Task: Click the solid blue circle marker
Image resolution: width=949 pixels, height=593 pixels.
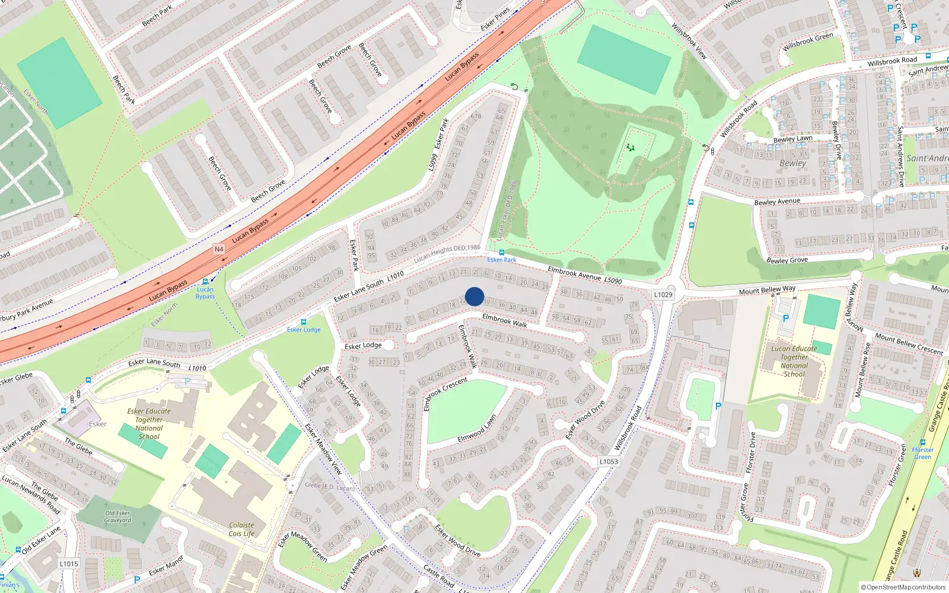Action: tap(474, 296)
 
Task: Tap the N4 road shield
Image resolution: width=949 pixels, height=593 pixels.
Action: tap(219, 249)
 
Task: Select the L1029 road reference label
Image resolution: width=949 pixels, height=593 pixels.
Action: tap(663, 295)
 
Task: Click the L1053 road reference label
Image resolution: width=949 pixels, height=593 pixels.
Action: tap(609, 461)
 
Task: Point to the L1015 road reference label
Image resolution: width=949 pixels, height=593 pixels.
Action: tap(69, 563)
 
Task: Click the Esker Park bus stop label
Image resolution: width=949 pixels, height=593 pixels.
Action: tap(502, 260)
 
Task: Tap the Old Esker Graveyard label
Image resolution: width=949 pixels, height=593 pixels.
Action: tap(118, 517)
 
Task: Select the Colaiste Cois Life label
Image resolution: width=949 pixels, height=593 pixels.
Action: tap(241, 529)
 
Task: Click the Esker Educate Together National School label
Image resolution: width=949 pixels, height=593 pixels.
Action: tap(149, 423)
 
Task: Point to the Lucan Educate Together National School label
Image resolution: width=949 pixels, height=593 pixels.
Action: tap(794, 361)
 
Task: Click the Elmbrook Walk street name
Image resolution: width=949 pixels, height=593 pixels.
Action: tap(505, 321)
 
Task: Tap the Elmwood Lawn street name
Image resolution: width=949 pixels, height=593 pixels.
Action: tap(477, 429)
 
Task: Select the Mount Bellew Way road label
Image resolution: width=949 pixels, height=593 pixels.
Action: tap(767, 290)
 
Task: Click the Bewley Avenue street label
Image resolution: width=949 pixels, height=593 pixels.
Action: tap(777, 202)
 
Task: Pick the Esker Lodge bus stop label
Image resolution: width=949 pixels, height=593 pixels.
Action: tap(304, 330)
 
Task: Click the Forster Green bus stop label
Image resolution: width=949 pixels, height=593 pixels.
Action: tap(922, 453)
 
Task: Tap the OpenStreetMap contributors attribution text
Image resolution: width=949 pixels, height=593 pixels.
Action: tap(903, 587)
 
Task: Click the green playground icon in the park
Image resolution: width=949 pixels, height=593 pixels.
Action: tap(630, 147)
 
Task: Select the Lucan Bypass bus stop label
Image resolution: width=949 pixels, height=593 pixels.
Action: tap(205, 293)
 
